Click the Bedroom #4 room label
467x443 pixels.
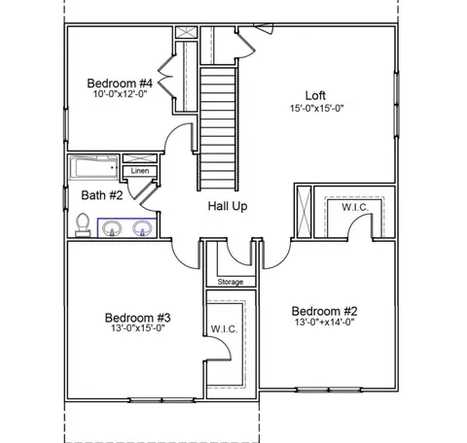click(x=120, y=84)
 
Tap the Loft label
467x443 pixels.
click(x=315, y=95)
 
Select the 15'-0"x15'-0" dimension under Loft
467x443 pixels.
click(x=316, y=108)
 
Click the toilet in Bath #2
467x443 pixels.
click(x=83, y=224)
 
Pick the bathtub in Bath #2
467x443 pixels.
click(x=94, y=167)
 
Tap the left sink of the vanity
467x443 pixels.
click(x=112, y=228)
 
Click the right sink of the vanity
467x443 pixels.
click(x=142, y=228)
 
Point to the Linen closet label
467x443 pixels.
click(x=140, y=171)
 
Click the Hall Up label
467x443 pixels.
click(x=228, y=206)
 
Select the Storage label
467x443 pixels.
click(x=231, y=282)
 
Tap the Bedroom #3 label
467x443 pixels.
click(x=137, y=318)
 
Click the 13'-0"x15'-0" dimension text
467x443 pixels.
click(x=138, y=328)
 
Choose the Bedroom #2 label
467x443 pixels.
click(x=324, y=311)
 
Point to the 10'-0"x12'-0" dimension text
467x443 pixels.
click(x=121, y=94)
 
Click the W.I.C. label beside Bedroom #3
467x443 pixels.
click(x=225, y=329)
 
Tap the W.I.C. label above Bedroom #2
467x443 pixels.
click(x=355, y=207)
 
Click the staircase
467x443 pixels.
click(x=218, y=128)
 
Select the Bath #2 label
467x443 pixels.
click(x=102, y=195)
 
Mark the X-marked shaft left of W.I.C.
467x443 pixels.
click(x=304, y=212)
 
